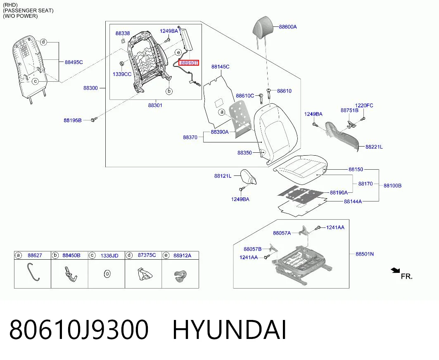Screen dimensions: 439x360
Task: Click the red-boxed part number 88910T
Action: pyautogui.click(x=189, y=63)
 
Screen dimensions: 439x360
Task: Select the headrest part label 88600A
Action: pyautogui.click(x=288, y=27)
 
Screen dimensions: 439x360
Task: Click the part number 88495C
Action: pyautogui.click(x=74, y=62)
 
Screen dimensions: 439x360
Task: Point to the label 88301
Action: pyautogui.click(x=155, y=105)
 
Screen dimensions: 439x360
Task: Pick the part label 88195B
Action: pyautogui.click(x=73, y=121)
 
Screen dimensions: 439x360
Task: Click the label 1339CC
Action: pyautogui.click(x=122, y=74)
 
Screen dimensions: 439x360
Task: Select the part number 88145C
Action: pyautogui.click(x=221, y=66)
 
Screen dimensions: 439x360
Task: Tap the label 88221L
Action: pyautogui.click(x=374, y=147)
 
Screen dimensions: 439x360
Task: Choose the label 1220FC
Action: pyautogui.click(x=364, y=106)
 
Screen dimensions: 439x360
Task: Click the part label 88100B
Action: pyautogui.click(x=392, y=186)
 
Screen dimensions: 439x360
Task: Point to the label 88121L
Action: pyautogui.click(x=223, y=176)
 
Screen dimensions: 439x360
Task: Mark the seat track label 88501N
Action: pyautogui.click(x=365, y=254)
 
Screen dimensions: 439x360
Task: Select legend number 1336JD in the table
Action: pyautogui.click(x=109, y=256)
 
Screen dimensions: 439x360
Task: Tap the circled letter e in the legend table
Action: pyautogui.click(x=166, y=255)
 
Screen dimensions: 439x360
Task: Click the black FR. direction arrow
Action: pyautogui.click(x=396, y=270)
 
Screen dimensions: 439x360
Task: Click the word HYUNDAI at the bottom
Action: pyautogui.click(x=229, y=329)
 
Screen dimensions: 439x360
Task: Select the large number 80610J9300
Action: pyautogui.click(x=78, y=329)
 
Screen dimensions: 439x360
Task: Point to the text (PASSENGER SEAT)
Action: pyautogui.click(x=28, y=11)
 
